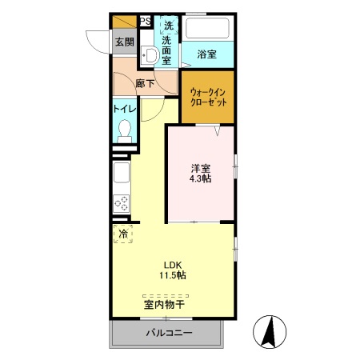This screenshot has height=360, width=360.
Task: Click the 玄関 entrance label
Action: pos(123,43)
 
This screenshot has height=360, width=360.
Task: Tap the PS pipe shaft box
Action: pos(146,22)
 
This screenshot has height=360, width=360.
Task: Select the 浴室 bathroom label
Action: pos(207,54)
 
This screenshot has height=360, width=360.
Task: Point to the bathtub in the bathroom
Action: pos(207,29)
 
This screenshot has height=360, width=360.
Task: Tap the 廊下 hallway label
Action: pos(145,83)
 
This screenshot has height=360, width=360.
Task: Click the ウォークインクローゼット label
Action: pos(207,97)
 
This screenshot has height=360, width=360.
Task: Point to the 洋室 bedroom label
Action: pos(201,169)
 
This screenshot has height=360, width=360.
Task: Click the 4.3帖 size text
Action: pos(201,181)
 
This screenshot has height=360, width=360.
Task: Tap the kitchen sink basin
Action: pos(121,173)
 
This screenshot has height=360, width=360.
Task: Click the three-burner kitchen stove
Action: pos(121,204)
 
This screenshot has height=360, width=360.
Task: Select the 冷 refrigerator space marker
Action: pos(123,234)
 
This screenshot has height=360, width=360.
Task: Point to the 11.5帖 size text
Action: pos(174,276)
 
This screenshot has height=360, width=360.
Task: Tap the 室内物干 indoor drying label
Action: pos(165,305)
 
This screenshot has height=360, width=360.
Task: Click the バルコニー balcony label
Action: pos(169,333)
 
